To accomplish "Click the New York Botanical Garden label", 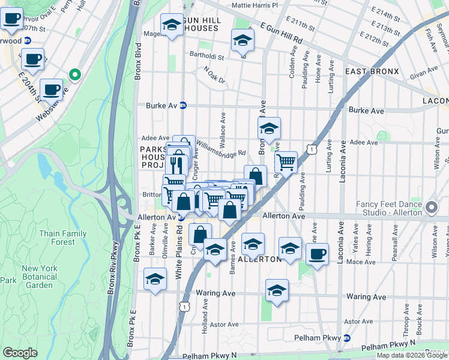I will coord(40,277).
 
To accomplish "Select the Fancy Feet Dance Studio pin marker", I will coord(432,208).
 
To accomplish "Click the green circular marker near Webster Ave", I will coord(75,74).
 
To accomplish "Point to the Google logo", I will coord(20,353).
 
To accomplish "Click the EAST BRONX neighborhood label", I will coord(372,71).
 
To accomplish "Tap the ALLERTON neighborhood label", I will coord(259,259).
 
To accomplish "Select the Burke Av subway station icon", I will coord(184,106).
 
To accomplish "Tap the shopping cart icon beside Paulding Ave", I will coord(286,161).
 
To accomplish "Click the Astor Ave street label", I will coord(224,325).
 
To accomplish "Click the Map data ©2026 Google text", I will coord(412,355).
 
